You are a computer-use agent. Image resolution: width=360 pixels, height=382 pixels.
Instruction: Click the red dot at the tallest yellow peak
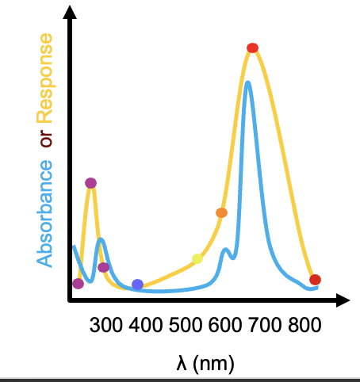click(x=252, y=48)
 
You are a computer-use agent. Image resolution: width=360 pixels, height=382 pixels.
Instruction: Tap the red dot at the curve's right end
click(x=315, y=280)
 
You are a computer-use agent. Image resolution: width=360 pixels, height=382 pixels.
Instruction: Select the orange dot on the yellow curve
click(x=221, y=212)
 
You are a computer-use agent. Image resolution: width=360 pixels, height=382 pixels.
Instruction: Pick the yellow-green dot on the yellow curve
click(x=197, y=258)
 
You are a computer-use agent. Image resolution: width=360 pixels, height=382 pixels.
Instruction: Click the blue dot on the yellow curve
click(x=137, y=284)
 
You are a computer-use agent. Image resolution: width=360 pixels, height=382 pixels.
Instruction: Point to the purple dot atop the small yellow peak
click(x=90, y=183)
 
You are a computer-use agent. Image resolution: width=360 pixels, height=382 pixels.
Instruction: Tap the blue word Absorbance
click(x=45, y=212)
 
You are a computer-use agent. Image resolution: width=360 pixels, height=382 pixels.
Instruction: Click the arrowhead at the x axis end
click(x=343, y=300)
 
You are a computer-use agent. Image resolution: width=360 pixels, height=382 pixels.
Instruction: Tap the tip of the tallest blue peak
click(x=248, y=82)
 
